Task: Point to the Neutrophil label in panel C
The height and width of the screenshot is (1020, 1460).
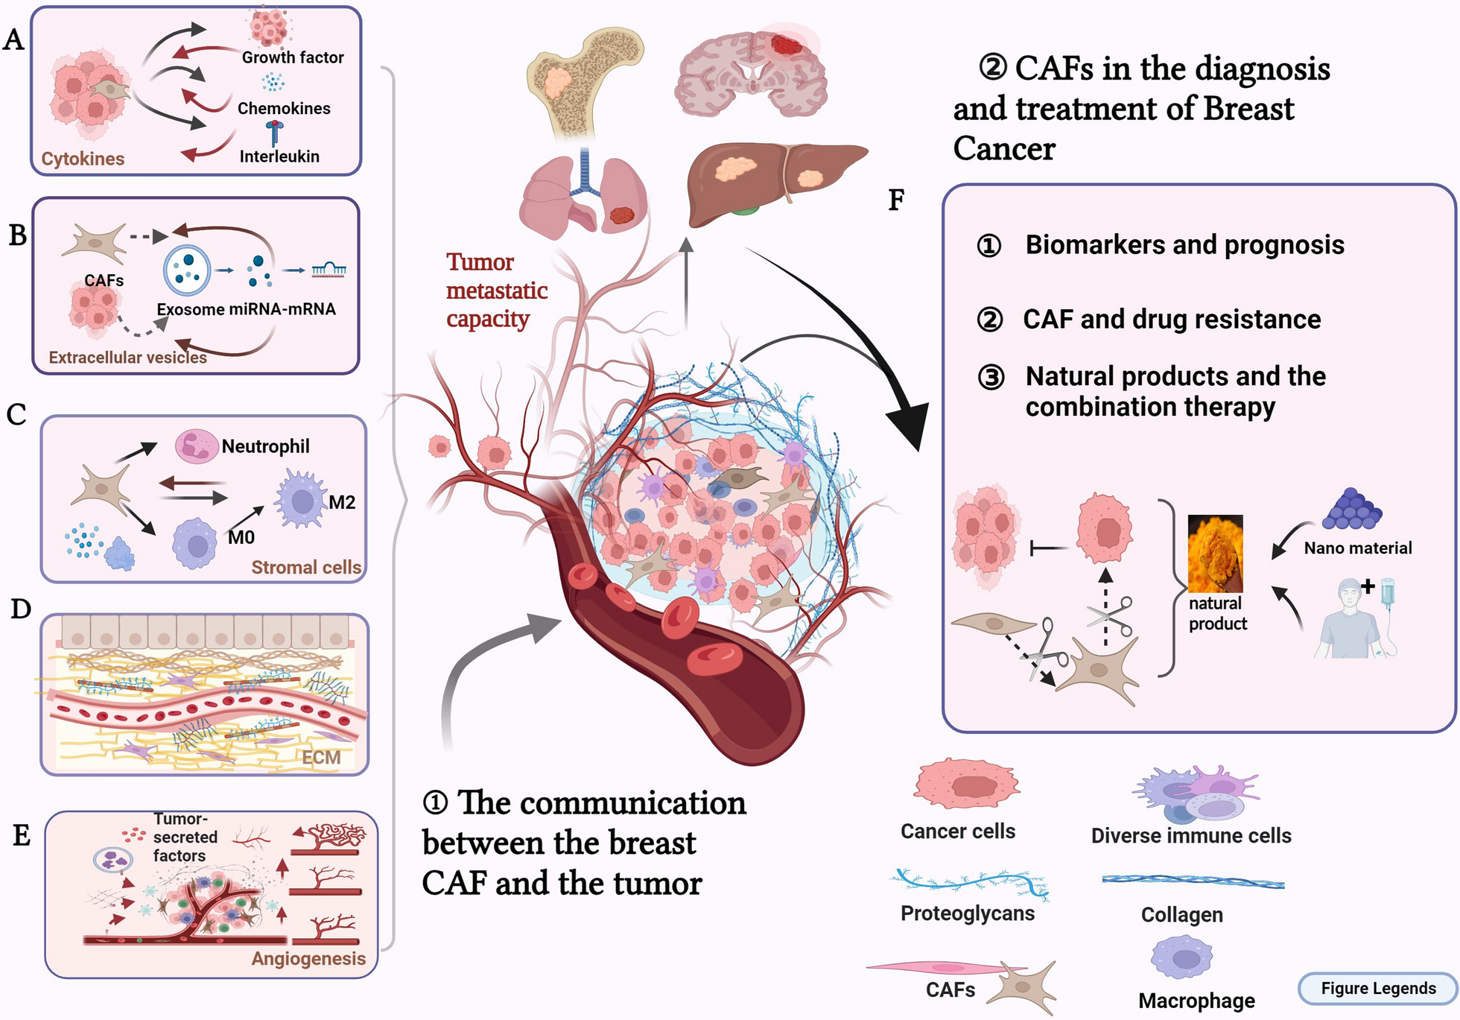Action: [x=265, y=446]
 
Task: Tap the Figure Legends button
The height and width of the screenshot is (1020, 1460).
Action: [x=1377, y=989]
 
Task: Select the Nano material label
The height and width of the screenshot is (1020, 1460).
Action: [x=1357, y=548]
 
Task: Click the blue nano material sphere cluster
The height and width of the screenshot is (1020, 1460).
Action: [x=1351, y=510]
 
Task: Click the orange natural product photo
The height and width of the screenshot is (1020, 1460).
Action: [x=1215, y=553]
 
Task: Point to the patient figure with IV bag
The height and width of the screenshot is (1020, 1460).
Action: [x=1352, y=618]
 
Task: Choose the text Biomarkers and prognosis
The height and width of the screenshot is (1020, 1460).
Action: [x=1184, y=244]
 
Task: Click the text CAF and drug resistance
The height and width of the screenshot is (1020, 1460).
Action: [x=1171, y=319]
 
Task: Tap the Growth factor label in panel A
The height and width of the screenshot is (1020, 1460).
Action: [x=293, y=57]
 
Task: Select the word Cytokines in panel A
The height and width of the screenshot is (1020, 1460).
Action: [x=83, y=159]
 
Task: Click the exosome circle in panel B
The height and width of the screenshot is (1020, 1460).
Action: [x=187, y=270]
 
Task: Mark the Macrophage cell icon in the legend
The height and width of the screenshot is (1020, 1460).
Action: [x=1181, y=957]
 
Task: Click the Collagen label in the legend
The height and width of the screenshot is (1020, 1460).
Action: [x=1181, y=915]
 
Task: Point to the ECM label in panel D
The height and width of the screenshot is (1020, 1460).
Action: [x=320, y=758]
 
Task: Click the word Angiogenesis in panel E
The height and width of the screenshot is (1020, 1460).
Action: [x=308, y=959]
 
